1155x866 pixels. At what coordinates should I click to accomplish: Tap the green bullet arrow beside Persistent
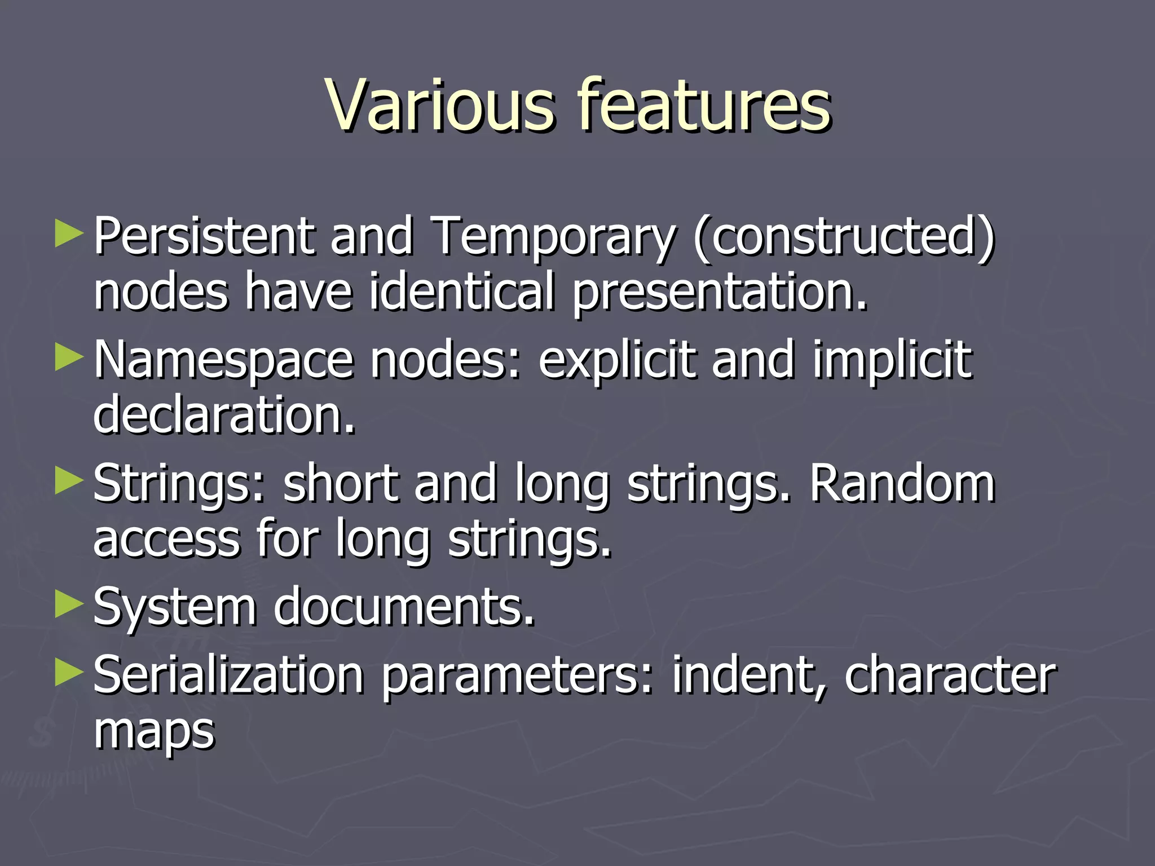[x=69, y=235]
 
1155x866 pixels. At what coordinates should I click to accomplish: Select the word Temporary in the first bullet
[x=553, y=237]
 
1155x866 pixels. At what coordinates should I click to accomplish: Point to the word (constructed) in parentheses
[x=844, y=237]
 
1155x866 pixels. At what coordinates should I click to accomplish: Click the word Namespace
[x=223, y=361]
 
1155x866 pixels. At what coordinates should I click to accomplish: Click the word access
[x=167, y=540]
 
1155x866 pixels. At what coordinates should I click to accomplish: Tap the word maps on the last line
[x=154, y=731]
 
